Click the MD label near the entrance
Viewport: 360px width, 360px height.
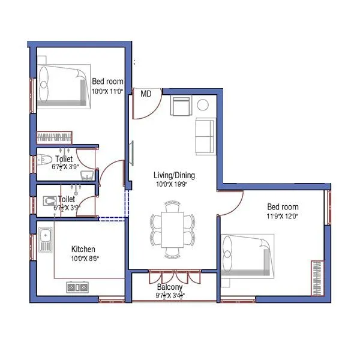tap(146, 94)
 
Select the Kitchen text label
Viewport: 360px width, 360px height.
tap(83, 249)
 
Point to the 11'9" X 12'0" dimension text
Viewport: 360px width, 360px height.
tap(283, 217)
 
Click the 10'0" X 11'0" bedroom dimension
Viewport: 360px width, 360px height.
tap(107, 91)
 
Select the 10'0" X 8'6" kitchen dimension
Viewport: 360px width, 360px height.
tap(85, 259)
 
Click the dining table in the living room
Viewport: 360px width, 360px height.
tap(174, 229)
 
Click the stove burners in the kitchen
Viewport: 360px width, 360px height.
tap(77, 287)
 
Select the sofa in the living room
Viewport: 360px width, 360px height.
tap(205, 136)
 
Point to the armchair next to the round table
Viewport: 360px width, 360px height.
tap(181, 107)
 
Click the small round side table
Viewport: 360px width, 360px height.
tap(203, 105)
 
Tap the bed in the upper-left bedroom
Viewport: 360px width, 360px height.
tap(62, 87)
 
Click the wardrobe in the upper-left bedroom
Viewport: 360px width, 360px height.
tap(55, 138)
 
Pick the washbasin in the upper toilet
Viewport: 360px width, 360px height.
tap(87, 175)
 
